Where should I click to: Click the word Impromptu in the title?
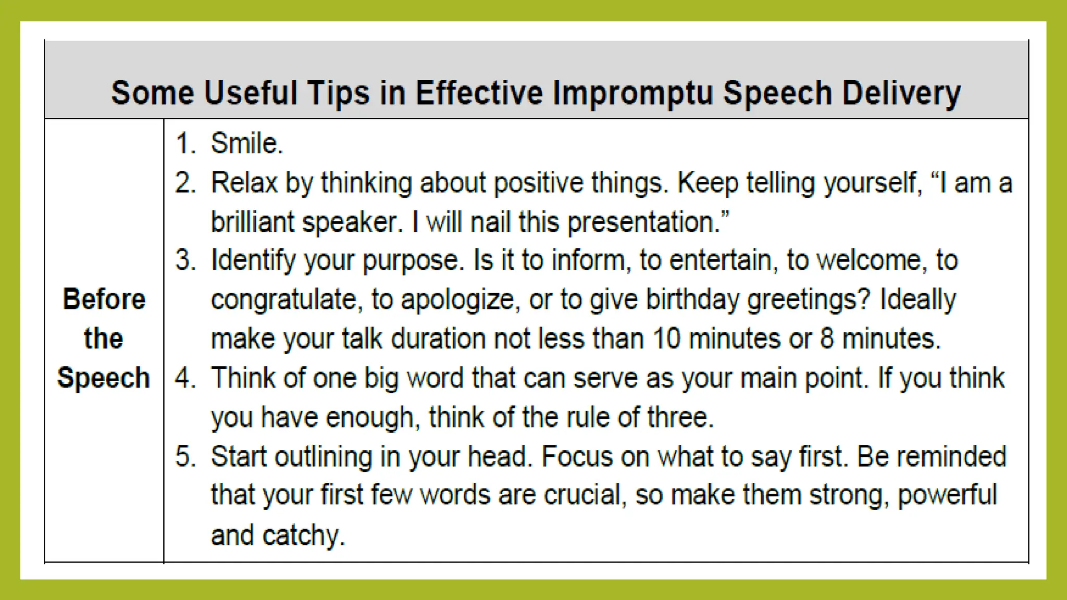tap(632, 94)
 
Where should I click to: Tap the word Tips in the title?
tap(338, 94)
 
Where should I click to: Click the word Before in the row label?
tap(104, 299)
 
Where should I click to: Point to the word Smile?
tap(246, 143)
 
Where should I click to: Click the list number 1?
tap(185, 143)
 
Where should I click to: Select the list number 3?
tap(185, 260)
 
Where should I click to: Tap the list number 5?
tap(185, 456)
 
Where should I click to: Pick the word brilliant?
tap(252, 222)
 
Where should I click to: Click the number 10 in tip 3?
tap(666, 339)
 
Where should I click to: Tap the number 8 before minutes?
tap(827, 339)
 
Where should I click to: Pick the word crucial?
tap(584, 495)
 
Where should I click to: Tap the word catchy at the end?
tap(303, 535)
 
